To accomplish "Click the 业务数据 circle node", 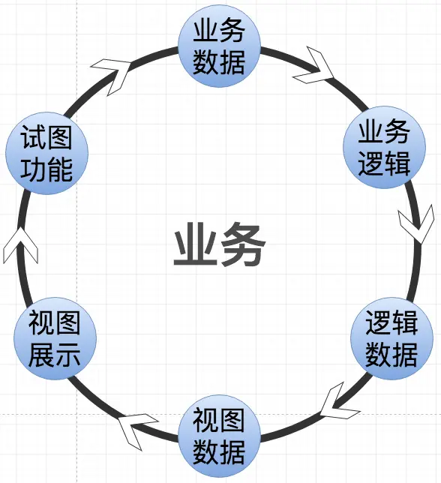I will point(219,46).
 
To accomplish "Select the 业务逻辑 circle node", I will point(383,147).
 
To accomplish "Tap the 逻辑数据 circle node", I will point(391,338).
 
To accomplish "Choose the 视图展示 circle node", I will point(54,338).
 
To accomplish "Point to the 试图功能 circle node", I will point(47,154).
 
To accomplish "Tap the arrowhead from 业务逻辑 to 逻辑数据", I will point(415,224).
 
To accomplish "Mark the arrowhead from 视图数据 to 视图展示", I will point(136,431).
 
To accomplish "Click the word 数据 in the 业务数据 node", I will point(219,61).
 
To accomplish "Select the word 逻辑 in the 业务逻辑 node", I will point(383,163).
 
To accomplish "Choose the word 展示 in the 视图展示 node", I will point(54,355).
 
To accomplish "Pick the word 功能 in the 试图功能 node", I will point(47,170).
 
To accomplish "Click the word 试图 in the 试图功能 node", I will point(47,139).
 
